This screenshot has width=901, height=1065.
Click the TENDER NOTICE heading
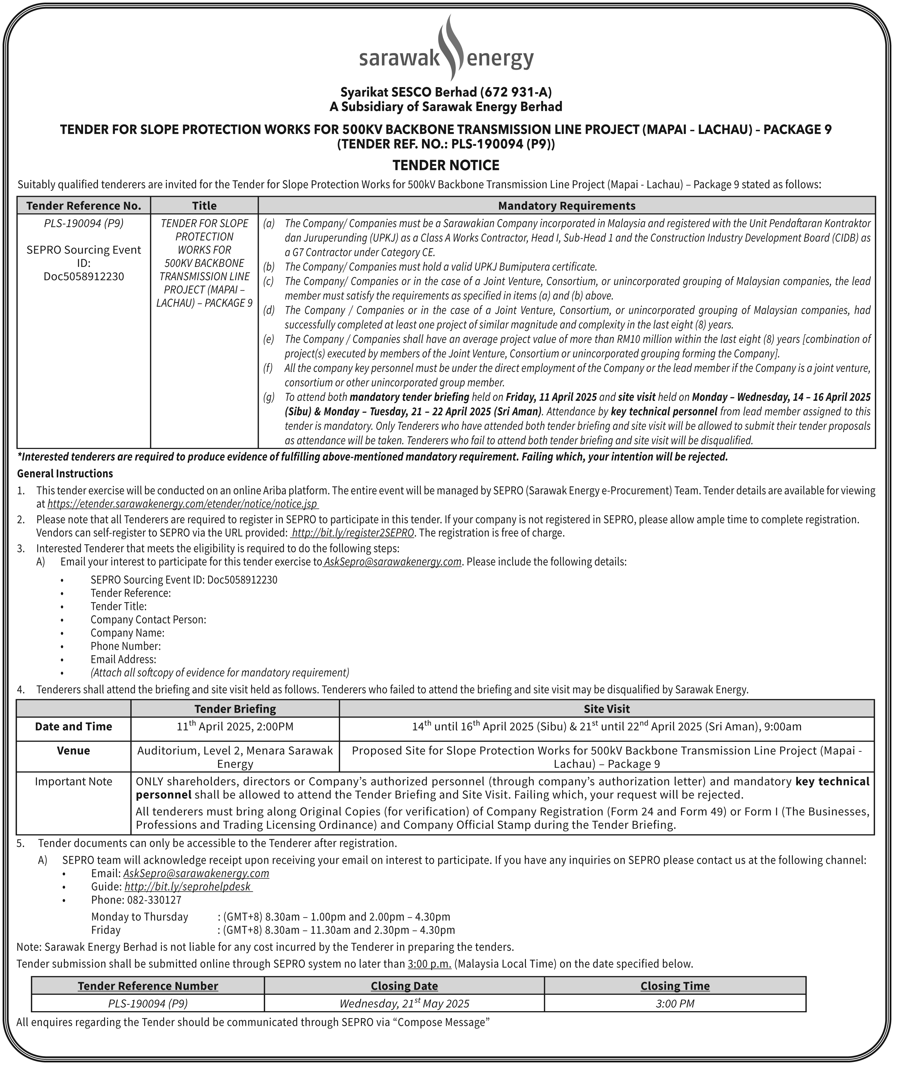pyautogui.click(x=446, y=166)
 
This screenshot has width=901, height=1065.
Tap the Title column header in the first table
pyautogui.click(x=204, y=206)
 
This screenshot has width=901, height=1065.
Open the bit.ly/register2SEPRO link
pyautogui.click(x=353, y=533)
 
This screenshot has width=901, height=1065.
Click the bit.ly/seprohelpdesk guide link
pyautogui.click(x=188, y=886)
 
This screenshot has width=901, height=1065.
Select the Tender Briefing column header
pyautogui.click(x=235, y=708)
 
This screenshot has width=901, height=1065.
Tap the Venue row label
pyautogui.click(x=74, y=750)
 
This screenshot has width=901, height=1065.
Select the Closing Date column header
pyautogui.click(x=404, y=986)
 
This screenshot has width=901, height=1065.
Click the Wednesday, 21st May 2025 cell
pyautogui.click(x=404, y=1003)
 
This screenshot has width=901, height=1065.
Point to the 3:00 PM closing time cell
pyautogui.click(x=675, y=1003)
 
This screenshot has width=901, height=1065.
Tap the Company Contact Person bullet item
pyautogui.click(x=148, y=619)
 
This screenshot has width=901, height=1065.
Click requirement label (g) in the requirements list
pyautogui.click(x=269, y=397)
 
